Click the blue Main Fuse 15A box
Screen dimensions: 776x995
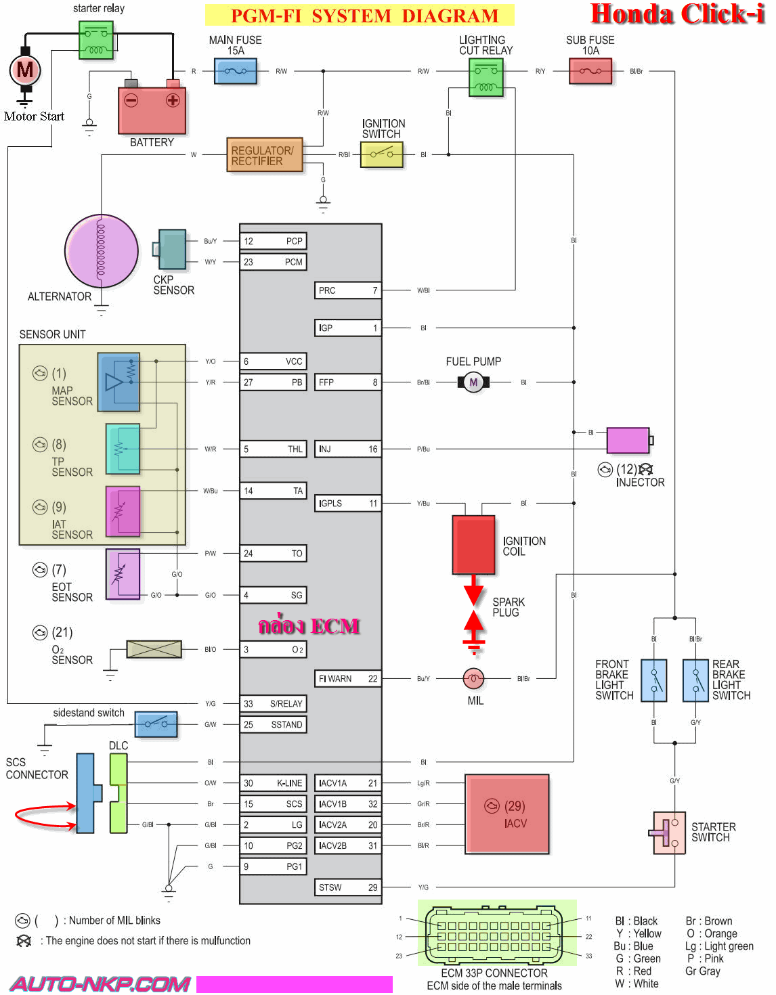tap(236, 71)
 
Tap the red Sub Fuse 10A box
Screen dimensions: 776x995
tap(590, 71)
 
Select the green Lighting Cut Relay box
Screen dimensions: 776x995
tap(486, 77)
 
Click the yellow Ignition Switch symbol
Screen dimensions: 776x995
tap(382, 154)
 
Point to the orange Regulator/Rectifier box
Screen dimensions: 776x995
tap(265, 155)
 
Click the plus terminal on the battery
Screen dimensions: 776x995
tap(173, 100)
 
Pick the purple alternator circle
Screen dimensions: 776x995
tap(102, 251)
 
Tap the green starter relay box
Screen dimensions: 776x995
tap(96, 41)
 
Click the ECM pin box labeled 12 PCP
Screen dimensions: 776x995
tap(274, 241)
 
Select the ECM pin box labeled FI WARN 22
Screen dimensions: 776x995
tap(347, 679)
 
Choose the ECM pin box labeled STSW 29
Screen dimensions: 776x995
tap(347, 887)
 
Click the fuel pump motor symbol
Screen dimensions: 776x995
tap(474, 382)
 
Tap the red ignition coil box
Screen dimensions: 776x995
tap(474, 544)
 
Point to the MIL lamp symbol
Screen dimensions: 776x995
tap(474, 679)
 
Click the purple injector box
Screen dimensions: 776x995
tap(628, 441)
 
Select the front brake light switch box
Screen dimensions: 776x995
tap(653, 680)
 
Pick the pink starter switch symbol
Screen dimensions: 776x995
tap(668, 833)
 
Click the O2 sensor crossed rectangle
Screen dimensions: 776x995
tap(154, 649)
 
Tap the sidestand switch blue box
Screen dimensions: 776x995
tap(156, 724)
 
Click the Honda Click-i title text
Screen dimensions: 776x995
tap(678, 14)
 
